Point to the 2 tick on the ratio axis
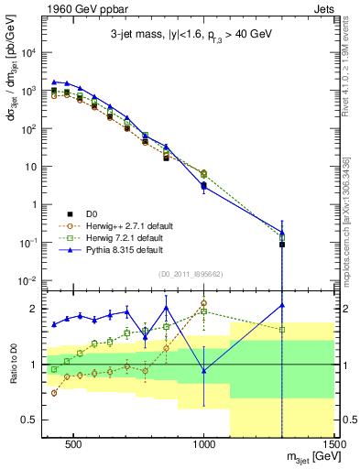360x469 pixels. (32, 308)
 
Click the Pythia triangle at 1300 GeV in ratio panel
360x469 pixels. (282, 305)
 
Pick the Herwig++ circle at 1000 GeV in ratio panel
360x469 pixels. (204, 302)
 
